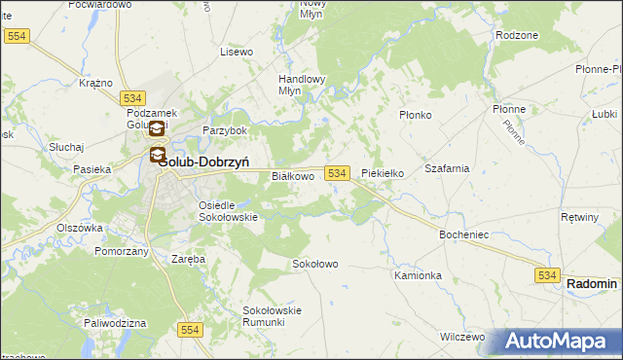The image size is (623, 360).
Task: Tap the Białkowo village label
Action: [292, 176]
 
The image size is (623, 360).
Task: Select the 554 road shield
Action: [190, 331]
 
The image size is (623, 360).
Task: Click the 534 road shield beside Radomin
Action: [547, 276]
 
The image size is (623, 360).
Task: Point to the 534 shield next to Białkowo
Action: [337, 172]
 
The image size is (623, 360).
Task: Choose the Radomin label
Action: [592, 283]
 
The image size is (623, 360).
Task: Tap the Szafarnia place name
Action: [447, 168]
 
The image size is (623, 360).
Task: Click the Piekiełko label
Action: [383, 174]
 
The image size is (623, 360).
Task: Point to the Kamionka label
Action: [419, 275]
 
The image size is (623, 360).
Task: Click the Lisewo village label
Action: [237, 51]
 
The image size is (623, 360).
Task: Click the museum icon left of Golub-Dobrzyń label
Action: [157, 155]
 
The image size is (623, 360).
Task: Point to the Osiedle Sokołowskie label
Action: [228, 211]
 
